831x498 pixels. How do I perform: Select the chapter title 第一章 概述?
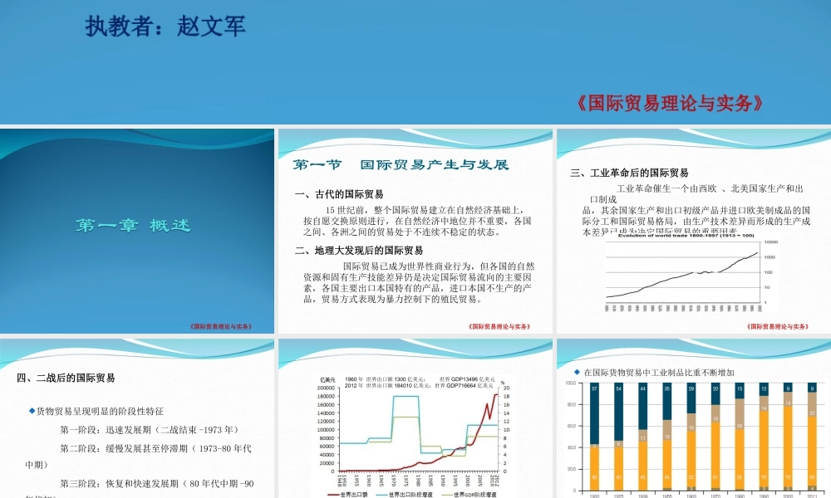click(x=134, y=225)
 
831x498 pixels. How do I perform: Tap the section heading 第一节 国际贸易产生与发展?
click(x=400, y=164)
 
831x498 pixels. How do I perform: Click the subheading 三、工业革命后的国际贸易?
click(x=629, y=173)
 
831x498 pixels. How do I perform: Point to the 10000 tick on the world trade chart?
click(x=773, y=242)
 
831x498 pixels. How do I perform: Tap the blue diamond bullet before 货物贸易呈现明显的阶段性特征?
click(x=32, y=410)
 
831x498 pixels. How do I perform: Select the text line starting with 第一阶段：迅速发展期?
click(x=150, y=430)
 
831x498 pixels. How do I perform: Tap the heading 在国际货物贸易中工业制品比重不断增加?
click(x=660, y=372)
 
